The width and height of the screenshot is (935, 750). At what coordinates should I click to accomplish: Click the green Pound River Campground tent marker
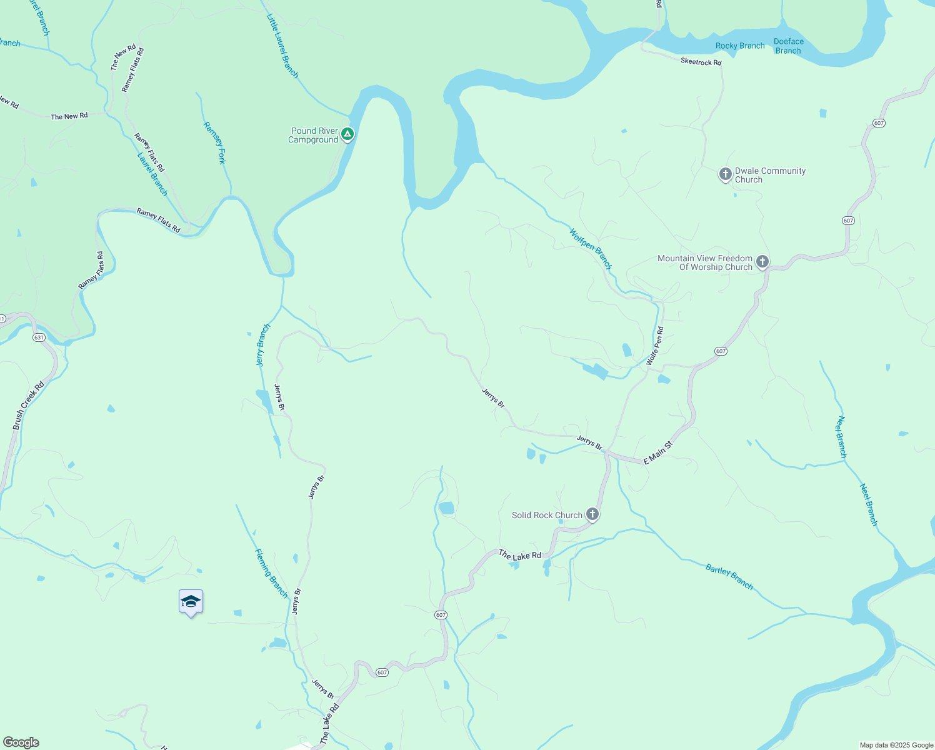(348, 134)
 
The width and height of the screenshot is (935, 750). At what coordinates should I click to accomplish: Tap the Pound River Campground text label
(314, 136)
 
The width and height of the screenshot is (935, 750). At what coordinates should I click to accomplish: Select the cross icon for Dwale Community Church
(725, 174)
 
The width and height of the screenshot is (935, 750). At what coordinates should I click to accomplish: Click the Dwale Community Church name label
(770, 175)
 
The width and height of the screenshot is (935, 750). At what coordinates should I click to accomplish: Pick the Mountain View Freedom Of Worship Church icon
(762, 262)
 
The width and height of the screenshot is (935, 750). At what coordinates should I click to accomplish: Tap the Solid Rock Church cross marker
(592, 514)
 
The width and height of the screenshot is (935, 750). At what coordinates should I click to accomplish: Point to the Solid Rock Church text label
(547, 515)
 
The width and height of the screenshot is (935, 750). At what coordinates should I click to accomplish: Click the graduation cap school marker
(191, 602)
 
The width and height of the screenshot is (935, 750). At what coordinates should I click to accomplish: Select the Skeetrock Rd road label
(701, 61)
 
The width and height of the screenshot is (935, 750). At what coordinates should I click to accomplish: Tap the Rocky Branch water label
(740, 46)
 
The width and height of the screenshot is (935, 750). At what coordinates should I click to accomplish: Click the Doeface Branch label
(788, 46)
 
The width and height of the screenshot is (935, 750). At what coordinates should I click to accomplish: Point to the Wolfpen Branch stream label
(590, 248)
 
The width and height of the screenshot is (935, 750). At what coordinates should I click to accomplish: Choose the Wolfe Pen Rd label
(656, 346)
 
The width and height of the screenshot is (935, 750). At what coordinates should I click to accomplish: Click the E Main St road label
(658, 452)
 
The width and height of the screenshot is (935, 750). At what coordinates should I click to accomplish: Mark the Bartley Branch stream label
(729, 576)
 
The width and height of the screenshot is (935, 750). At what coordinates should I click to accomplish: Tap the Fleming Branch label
(271, 572)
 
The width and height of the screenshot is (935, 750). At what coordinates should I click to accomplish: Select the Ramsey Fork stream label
(214, 143)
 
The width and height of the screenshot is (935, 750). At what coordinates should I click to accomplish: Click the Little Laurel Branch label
(282, 46)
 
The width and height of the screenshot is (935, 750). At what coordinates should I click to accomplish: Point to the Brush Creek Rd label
(29, 405)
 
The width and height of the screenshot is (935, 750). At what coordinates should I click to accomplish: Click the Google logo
(21, 742)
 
